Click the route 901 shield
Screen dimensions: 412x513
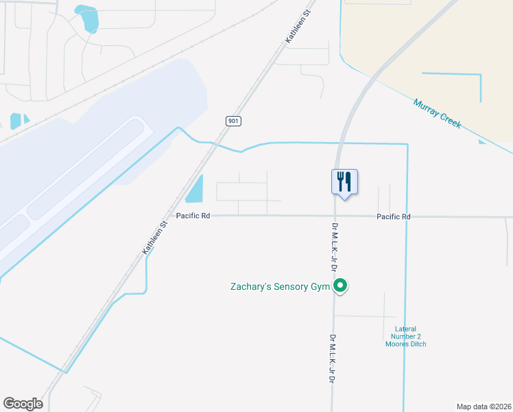[x=233, y=121]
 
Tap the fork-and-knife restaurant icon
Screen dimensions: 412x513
[x=344, y=181]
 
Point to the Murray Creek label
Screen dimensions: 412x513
[x=437, y=114]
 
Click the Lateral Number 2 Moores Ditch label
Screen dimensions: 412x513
[x=405, y=336]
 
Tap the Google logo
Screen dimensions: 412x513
[x=23, y=404]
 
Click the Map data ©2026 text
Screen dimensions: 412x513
[x=484, y=406]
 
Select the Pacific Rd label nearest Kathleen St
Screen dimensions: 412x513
[x=193, y=216]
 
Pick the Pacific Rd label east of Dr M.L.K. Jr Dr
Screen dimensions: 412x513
[x=393, y=217]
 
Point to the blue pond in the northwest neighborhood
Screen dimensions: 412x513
[x=88, y=19]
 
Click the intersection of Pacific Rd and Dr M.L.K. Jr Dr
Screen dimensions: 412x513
[x=335, y=216]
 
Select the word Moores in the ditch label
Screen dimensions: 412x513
[x=396, y=343]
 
